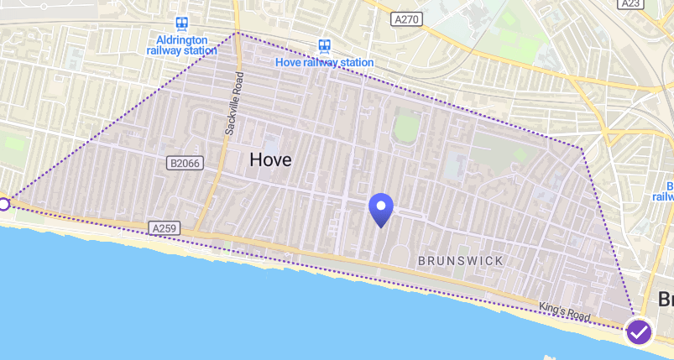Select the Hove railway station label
click(324, 62)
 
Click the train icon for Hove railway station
click(324, 46)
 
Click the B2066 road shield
click(184, 163)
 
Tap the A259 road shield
click(165, 227)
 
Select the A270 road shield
click(407, 18)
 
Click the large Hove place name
click(270, 159)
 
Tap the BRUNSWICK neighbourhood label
click(461, 261)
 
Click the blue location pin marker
click(382, 209)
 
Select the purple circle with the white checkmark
click(639, 331)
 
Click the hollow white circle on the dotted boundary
click(3, 204)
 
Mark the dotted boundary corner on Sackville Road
click(237, 33)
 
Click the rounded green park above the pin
click(406, 128)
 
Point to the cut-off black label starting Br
click(665, 300)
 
